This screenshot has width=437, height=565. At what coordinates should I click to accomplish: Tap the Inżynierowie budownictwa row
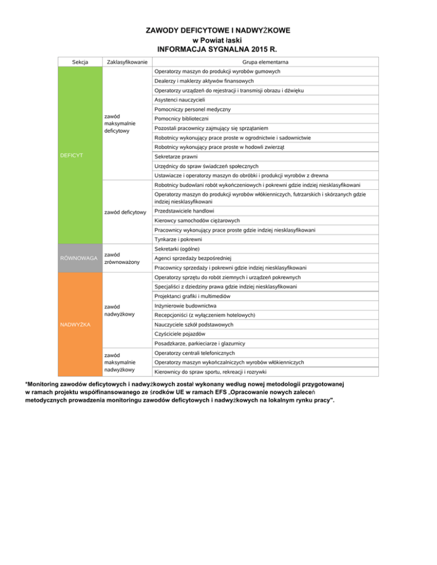[x=185, y=306]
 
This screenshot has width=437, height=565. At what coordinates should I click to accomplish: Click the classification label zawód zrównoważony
[x=122, y=258]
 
